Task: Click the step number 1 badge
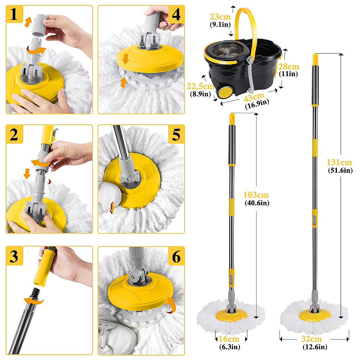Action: click(14, 14)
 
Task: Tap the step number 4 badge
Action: click(176, 14)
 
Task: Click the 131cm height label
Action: click(339, 163)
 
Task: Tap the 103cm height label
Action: click(256, 195)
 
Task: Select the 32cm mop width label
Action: click(311, 339)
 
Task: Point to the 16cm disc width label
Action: click(229, 339)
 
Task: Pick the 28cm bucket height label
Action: click(289, 67)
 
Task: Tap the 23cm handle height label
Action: click(220, 17)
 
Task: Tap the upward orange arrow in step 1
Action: click(28, 22)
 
